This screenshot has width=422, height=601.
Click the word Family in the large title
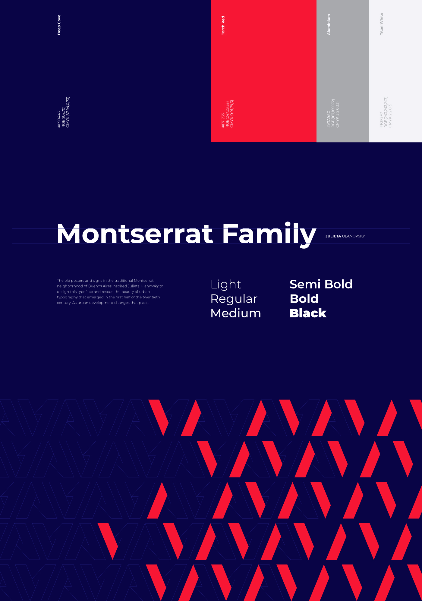point(269,235)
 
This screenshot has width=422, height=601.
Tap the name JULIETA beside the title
point(333,236)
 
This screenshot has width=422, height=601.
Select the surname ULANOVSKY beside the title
point(354,236)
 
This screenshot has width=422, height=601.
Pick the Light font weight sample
point(226,285)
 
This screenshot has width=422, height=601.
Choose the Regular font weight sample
point(234,299)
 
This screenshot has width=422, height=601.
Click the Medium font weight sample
point(236,313)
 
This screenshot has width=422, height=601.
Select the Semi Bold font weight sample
point(321,284)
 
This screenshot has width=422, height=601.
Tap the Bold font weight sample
point(304,299)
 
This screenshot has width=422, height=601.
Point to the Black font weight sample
point(308,313)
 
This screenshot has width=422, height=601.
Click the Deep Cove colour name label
point(59,25)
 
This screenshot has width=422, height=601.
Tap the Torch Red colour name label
point(223,26)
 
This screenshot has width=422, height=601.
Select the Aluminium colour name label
point(329,24)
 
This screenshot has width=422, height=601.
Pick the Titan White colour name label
point(381,24)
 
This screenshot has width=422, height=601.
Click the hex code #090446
point(59,119)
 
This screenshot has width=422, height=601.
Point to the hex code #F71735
point(223,120)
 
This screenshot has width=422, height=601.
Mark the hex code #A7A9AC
point(329,119)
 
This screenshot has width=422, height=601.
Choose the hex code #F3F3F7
point(381,120)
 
